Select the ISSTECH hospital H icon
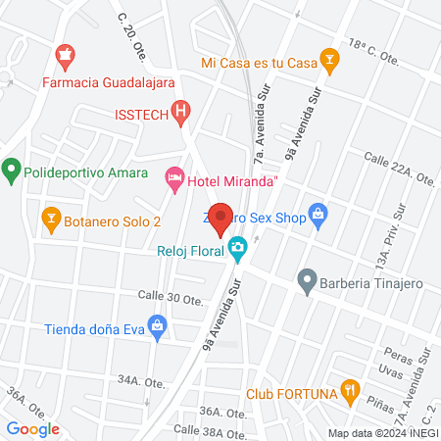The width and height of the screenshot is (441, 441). pos(179,113)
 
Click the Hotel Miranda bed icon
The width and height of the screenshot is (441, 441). pos(174,177)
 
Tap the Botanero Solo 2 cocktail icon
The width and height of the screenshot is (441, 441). pos(50,216)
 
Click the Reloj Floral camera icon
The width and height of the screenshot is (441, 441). pos(237,248)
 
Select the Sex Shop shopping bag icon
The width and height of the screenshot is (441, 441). pos(317,213)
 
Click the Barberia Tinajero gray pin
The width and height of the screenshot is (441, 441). pos(308,283)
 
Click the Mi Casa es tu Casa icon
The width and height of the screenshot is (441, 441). pos(330,63)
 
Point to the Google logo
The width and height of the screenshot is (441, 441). pos(33,428)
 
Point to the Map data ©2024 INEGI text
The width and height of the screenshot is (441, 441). pos(382,433)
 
